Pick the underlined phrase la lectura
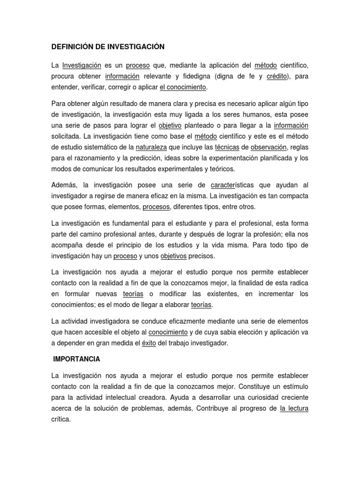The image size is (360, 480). click(x=294, y=408)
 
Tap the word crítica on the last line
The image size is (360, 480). click(x=60, y=420)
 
